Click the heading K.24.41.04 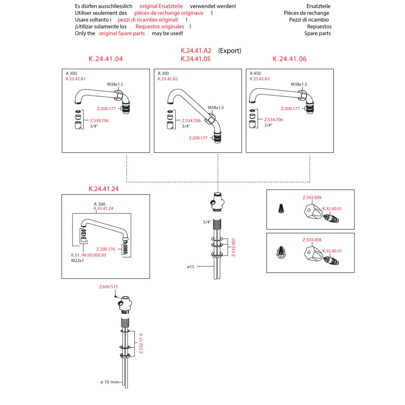[x=106, y=59]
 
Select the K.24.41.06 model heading [x=290, y=59]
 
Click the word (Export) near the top [x=230, y=51]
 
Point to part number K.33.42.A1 [x=76, y=79]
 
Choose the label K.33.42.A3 [x=260, y=79]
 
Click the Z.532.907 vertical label [x=233, y=247]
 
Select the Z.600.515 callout [x=109, y=287]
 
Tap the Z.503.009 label [x=312, y=198]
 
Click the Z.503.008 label [x=312, y=240]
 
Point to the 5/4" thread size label [x=207, y=222]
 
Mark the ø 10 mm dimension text [x=109, y=382]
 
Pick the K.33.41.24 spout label [x=103, y=209]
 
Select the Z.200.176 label [x=106, y=249]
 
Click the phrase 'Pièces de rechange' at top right [x=307, y=13]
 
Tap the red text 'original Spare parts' [x=122, y=34]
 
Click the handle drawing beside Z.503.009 [x=312, y=211]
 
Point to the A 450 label [x=255, y=73]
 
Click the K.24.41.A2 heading [x=196, y=51]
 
